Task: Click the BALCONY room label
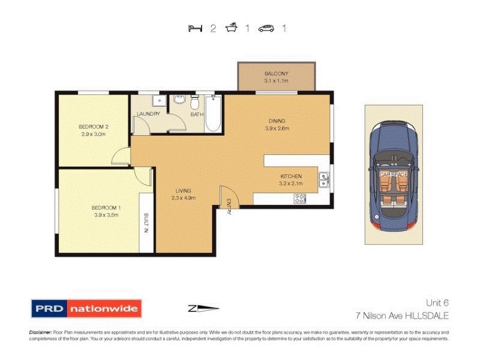pyautogui.click(x=277, y=74)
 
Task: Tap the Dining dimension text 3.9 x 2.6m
pyautogui.click(x=277, y=128)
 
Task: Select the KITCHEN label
pyautogui.click(x=291, y=176)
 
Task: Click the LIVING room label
pyautogui.click(x=184, y=190)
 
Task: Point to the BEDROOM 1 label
pyautogui.click(x=107, y=208)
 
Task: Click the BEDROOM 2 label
pyautogui.click(x=94, y=127)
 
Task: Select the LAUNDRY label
pyautogui.click(x=148, y=113)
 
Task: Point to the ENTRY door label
pyautogui.click(x=229, y=207)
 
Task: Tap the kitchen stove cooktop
pyautogui.click(x=301, y=198)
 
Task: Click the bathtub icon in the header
pyautogui.click(x=230, y=28)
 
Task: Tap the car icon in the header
pyautogui.click(x=266, y=28)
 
